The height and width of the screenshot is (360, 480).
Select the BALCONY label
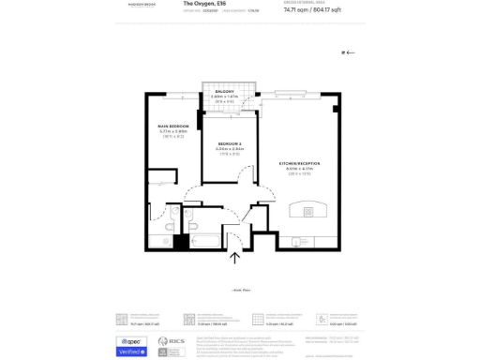(x=223, y=91)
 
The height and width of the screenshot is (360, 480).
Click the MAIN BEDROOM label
(x=173, y=126)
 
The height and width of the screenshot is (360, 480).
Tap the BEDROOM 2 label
(x=230, y=142)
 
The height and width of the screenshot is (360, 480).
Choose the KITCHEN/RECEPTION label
(x=299, y=163)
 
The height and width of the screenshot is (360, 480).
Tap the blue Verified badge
(x=131, y=352)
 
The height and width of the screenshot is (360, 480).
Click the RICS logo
(x=171, y=340)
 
